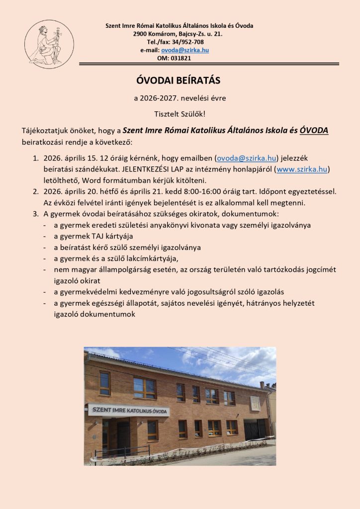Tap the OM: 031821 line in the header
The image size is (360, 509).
[174, 58]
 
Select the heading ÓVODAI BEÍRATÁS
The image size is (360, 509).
[178, 81]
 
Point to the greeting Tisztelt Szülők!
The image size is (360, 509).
[180, 114]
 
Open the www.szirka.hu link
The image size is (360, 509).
[302, 169]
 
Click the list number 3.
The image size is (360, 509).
[35, 214]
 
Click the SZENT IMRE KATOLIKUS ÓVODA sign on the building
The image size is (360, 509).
[129, 411]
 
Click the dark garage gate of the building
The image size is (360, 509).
[255, 429]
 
